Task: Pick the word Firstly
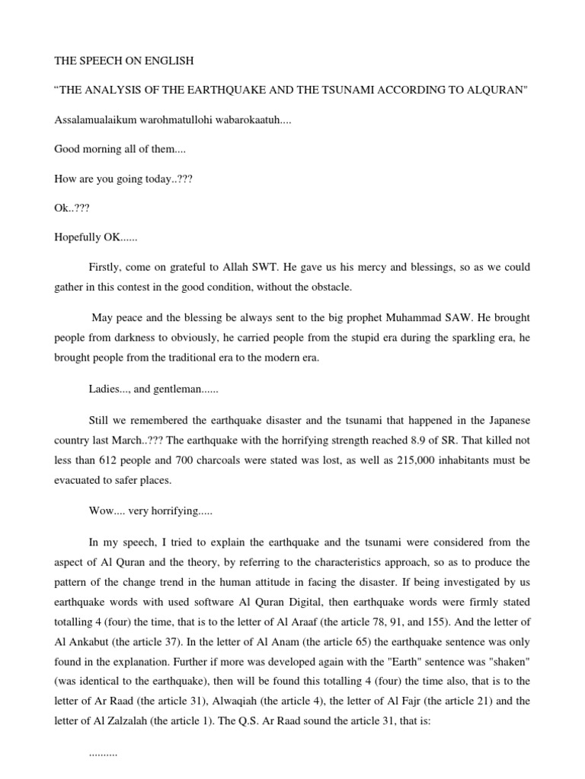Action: point(104,268)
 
